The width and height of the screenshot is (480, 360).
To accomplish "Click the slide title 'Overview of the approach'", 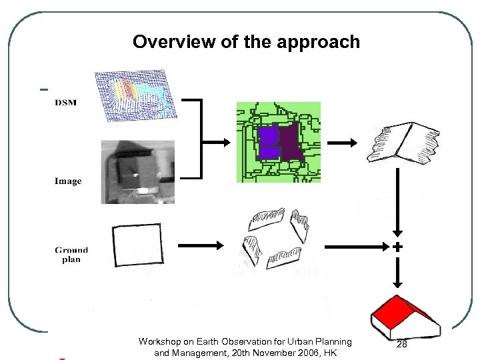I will pos(246,42).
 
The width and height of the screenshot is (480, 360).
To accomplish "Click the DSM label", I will pos(65,102).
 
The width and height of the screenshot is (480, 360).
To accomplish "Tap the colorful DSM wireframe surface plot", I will pos(136,96).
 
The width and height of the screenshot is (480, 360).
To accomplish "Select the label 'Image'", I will pos(68,181).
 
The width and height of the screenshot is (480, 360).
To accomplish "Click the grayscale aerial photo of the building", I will pos(137,171).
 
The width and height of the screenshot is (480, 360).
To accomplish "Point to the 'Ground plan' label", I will pos(71,255).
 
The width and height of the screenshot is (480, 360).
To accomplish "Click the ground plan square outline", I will pos(137,247).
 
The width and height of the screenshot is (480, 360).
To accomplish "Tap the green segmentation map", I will pos(278,142).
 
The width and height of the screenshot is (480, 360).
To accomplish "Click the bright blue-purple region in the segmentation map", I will pos(268,143).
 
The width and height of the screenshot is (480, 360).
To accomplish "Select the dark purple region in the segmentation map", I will pos(291,143).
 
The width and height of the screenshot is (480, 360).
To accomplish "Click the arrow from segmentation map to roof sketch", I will pos(341,142).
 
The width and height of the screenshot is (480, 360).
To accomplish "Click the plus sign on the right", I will pos(397,247).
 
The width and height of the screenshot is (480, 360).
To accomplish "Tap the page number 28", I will pos(401,344).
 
